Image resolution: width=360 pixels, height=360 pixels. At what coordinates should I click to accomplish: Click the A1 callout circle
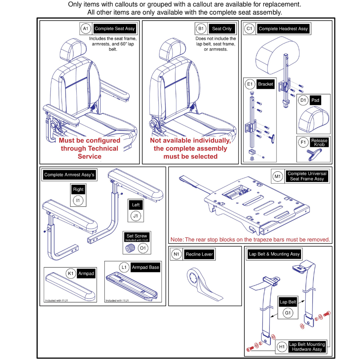tap(85, 29)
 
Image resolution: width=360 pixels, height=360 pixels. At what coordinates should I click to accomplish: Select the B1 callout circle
tap(200, 29)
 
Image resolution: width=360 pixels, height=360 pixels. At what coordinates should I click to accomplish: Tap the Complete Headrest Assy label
tap(283, 29)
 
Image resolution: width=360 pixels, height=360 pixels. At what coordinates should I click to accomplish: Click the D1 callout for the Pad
tap(303, 100)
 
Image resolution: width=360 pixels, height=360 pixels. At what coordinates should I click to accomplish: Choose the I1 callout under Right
tap(78, 200)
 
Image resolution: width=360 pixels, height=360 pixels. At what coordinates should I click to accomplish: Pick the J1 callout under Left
tap(136, 216)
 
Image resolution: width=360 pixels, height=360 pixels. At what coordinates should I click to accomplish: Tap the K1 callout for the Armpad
tap(71, 274)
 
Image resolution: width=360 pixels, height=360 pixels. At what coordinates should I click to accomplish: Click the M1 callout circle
tap(277, 176)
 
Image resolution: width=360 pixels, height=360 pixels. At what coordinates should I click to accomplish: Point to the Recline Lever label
tap(199, 255)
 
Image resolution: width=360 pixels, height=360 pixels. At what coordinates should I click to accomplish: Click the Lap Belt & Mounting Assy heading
tap(274, 254)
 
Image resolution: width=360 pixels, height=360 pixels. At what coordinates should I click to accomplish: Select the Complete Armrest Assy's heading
tap(69, 175)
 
